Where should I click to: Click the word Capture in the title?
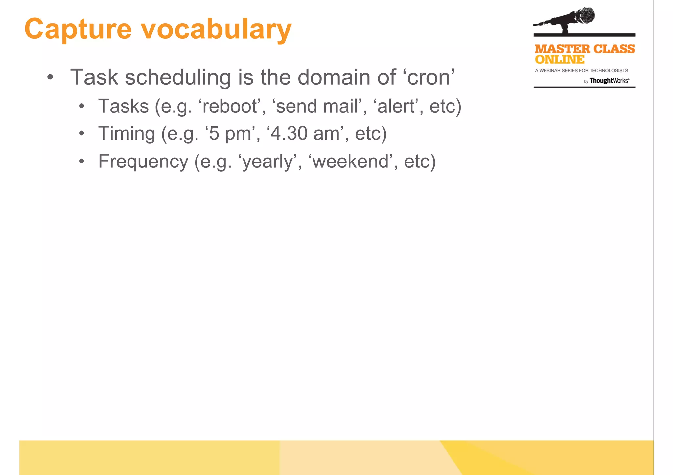[78, 30]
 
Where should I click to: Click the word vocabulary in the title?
[216, 30]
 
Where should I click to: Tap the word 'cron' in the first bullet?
[429, 77]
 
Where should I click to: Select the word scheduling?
[178, 77]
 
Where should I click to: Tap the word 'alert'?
[396, 106]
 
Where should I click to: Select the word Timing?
[127, 134]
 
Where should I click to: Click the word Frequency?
[143, 162]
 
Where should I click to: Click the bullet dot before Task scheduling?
[50, 78]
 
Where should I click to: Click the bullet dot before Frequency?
[81, 162]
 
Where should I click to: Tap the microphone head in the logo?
[584, 15]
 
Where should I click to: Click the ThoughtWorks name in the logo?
[609, 81]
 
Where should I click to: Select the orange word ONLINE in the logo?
[559, 60]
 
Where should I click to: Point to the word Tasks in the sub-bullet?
[124, 106]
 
